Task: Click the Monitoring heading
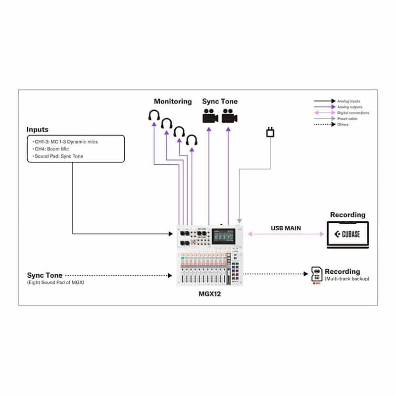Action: pyautogui.click(x=173, y=101)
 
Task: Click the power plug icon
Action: pyautogui.click(x=270, y=132)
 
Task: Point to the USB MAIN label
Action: pyautogui.click(x=286, y=228)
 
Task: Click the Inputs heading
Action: pyautogui.click(x=38, y=130)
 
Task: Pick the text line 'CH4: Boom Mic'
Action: pyautogui.click(x=51, y=149)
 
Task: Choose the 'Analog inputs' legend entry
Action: pyautogui.click(x=350, y=101)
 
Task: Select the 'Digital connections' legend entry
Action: pyautogui.click(x=353, y=113)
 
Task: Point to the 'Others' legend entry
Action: pyautogui.click(x=343, y=124)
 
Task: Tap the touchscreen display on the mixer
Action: pyautogui.click(x=224, y=236)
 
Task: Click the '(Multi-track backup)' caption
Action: pyautogui.click(x=346, y=279)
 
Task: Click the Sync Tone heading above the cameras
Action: pyautogui.click(x=220, y=101)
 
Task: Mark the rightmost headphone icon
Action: pyautogui.click(x=191, y=141)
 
